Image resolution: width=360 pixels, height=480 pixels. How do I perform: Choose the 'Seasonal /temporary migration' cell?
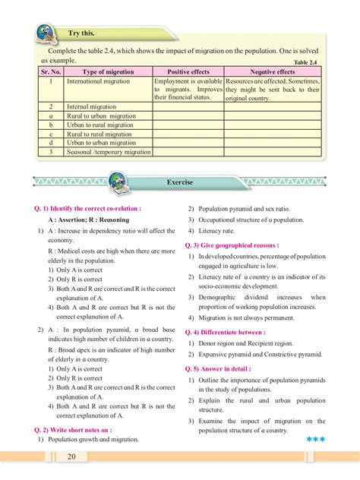point(109,152)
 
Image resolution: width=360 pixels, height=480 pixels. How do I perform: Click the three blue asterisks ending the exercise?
point(315,440)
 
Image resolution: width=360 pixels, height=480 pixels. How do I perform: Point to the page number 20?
point(71,457)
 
